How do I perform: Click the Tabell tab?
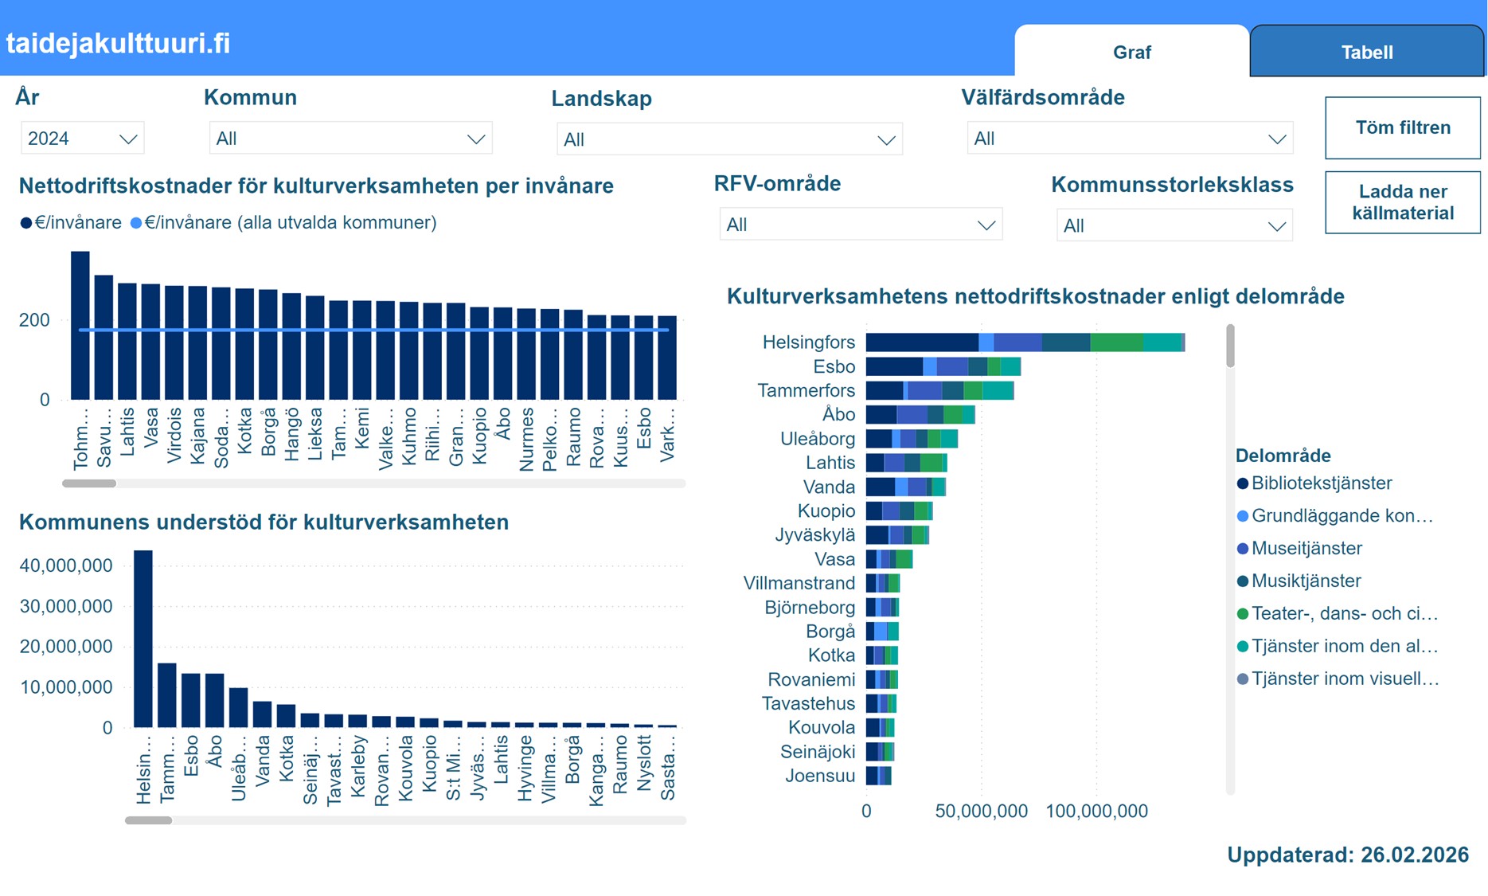click(x=1366, y=53)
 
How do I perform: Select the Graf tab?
click(x=1131, y=53)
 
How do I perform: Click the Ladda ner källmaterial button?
click(x=1402, y=202)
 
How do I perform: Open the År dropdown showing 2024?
click(x=82, y=139)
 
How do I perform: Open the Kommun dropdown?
click(x=350, y=139)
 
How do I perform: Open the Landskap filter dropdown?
click(x=728, y=139)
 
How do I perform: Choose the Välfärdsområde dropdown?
click(x=1129, y=139)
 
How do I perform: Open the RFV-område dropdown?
click(x=860, y=225)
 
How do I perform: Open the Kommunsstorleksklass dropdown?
click(x=1174, y=225)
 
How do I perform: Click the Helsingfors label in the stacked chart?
click(x=808, y=342)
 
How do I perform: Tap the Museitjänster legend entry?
click(x=1306, y=548)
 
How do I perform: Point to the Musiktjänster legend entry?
click(x=1306, y=581)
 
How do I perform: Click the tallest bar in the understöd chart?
click(x=143, y=637)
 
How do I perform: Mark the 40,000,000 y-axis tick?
click(x=66, y=565)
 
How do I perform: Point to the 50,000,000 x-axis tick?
click(x=981, y=811)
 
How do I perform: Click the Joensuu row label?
click(x=820, y=776)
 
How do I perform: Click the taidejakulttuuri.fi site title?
click(x=118, y=43)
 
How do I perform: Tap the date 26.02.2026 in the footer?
click(x=1414, y=855)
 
